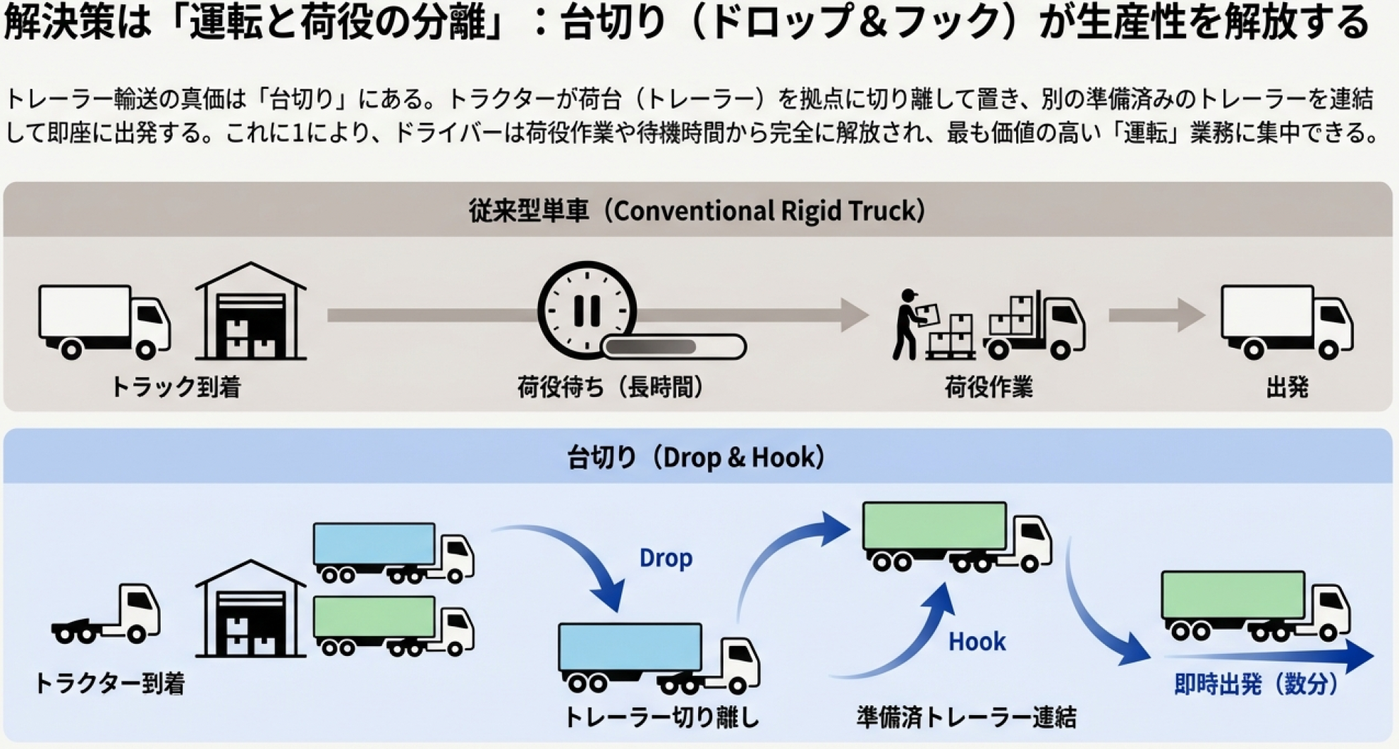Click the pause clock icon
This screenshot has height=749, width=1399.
click(x=587, y=310)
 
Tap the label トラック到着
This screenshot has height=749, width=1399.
click(x=176, y=386)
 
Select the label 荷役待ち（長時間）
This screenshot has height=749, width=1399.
click(x=611, y=386)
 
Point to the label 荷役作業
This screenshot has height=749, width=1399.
click(x=989, y=387)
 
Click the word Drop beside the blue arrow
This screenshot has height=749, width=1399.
click(x=666, y=558)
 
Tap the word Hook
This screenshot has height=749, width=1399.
click(x=977, y=641)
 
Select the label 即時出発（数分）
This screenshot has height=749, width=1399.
click(x=1256, y=683)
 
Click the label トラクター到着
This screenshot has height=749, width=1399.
click(x=109, y=683)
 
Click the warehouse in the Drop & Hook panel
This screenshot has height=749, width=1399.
click(x=250, y=609)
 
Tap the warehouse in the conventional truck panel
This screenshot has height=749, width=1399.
click(x=250, y=312)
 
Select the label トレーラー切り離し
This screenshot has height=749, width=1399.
click(x=661, y=717)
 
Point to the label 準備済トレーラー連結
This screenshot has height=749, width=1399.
click(x=966, y=717)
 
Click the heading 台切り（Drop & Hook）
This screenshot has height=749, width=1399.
click(x=696, y=457)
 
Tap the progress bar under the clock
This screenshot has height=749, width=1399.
click(x=674, y=347)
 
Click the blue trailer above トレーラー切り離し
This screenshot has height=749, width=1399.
click(x=630, y=647)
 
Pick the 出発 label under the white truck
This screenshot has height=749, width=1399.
click(x=1287, y=387)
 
